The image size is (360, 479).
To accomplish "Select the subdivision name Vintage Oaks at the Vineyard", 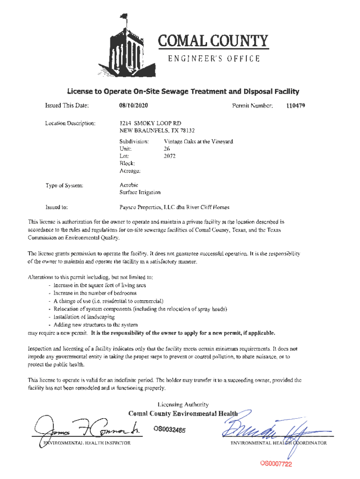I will [x=198, y=141].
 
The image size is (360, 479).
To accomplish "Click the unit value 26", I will [x=167, y=149].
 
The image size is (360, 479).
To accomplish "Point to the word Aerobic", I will [x=129, y=185].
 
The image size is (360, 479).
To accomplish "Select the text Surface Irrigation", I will [x=140, y=192].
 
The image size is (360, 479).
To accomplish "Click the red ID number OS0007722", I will [x=276, y=464].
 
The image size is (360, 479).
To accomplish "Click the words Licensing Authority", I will [x=183, y=405].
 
